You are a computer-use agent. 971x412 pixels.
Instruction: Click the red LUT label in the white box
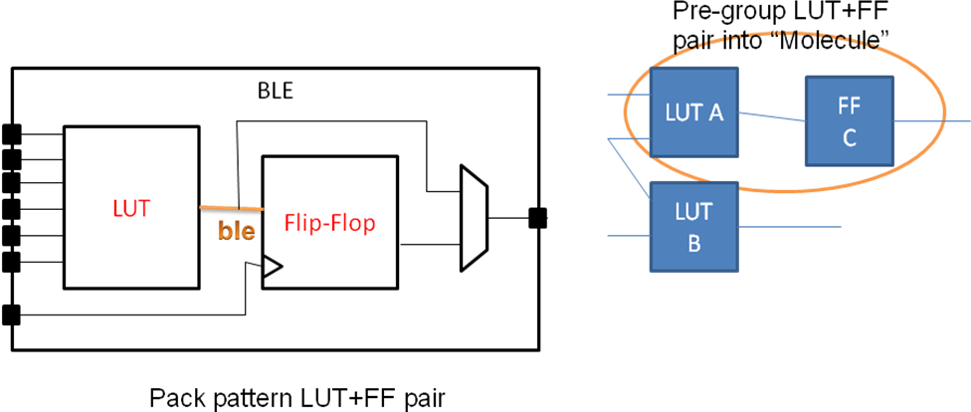[x=131, y=209]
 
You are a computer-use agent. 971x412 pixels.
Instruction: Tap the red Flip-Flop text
[x=329, y=223]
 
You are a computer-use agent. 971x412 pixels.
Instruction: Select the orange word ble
[x=236, y=232]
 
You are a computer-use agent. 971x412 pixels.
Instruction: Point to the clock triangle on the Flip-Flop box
[x=273, y=267]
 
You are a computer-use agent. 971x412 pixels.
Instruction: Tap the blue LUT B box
[x=693, y=227]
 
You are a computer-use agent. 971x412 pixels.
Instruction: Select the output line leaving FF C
[x=930, y=119]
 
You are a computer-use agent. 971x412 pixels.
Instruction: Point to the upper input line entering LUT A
[x=628, y=95]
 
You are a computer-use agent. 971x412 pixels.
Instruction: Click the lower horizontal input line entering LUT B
[x=628, y=237]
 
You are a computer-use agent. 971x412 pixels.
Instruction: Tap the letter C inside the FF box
[x=849, y=138]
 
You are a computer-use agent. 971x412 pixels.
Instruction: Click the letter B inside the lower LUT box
[x=693, y=242]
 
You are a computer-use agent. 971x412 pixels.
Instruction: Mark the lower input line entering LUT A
[x=628, y=139]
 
